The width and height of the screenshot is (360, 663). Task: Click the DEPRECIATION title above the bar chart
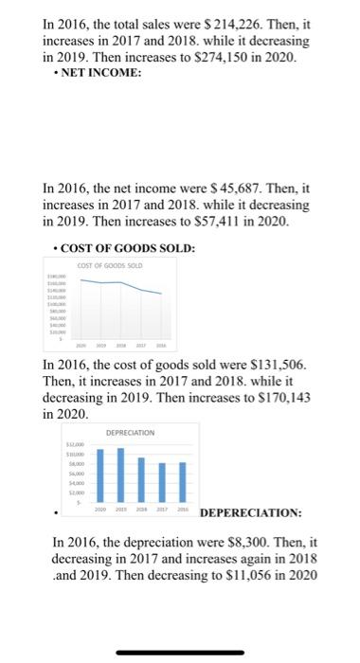pyautogui.click(x=133, y=432)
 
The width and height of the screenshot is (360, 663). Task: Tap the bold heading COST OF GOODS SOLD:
pyautogui.click(x=126, y=248)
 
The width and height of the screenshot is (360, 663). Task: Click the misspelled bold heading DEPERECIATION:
pyautogui.click(x=251, y=513)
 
